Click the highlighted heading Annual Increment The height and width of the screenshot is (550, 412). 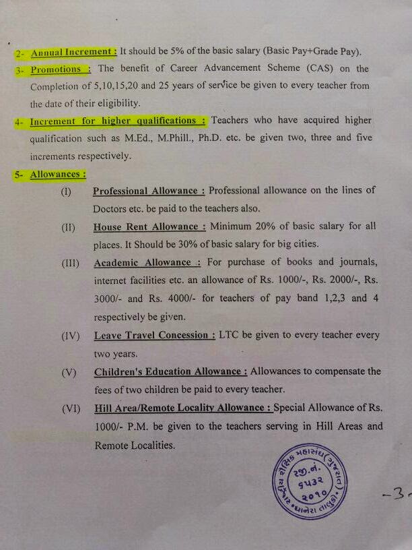[74, 52]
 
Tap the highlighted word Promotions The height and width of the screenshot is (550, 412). [57, 69]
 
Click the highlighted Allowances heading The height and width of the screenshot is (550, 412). [58, 175]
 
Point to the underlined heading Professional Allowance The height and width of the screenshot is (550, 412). [146, 191]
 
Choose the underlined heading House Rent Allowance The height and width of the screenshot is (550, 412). [147, 227]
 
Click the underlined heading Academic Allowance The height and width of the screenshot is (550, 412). [143, 262]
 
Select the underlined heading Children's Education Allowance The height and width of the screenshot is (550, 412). [170, 371]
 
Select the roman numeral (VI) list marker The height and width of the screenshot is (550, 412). [70, 408]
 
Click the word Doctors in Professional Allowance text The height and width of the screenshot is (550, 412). [111, 209]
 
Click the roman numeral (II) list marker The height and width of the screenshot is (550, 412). [67, 227]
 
